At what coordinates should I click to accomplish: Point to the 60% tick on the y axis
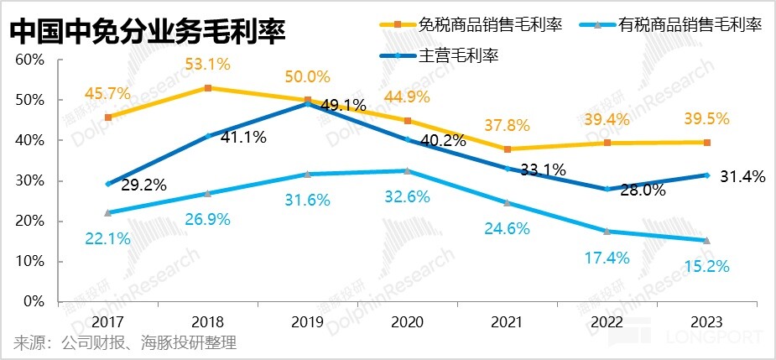pos(29,60)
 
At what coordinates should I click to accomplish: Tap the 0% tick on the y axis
pos(34,301)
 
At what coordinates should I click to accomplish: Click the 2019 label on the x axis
pos(307,321)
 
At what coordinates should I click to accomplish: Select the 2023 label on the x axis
pos(706,321)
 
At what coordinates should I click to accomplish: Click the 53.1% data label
pos(208,64)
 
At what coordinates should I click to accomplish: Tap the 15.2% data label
pos(706,266)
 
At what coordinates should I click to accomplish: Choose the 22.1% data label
pos(108,238)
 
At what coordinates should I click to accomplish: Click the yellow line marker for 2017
pos(108,117)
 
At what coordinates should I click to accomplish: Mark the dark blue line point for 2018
pos(208,136)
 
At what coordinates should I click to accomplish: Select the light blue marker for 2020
pos(407,170)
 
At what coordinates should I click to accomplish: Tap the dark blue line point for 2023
pos(706,175)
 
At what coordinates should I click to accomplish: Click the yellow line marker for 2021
pos(507,149)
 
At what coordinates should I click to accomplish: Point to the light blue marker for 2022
pos(607,231)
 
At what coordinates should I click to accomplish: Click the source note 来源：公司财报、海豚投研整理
pos(126,342)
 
